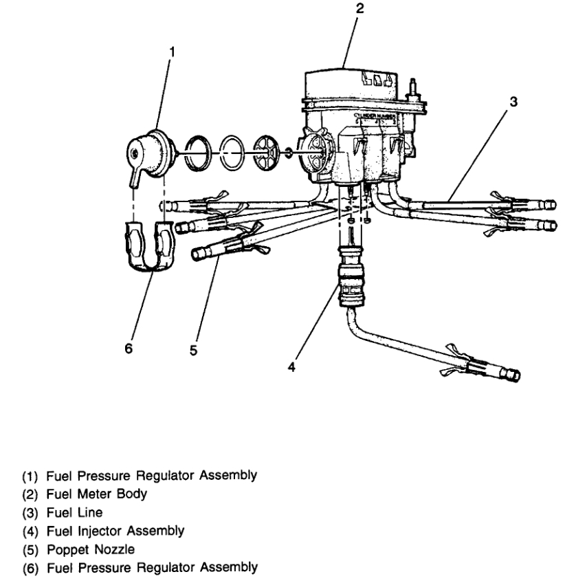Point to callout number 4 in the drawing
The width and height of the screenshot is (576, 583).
point(292,367)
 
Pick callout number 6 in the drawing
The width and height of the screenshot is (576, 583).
point(128,349)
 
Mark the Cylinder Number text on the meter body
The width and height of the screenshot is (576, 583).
point(375,118)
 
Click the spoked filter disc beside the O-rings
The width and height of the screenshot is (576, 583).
point(263,148)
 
